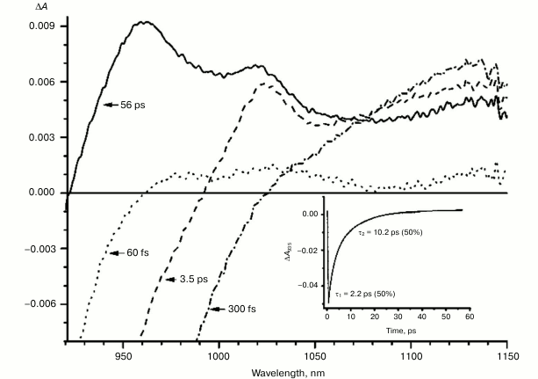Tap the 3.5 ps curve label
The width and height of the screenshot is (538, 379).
point(184,279)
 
